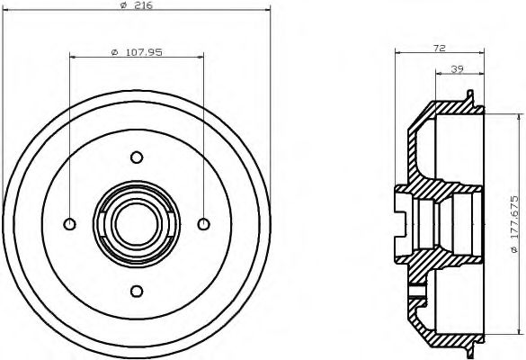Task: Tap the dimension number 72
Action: pyautogui.click(x=440, y=47)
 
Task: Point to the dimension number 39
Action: pyautogui.click(x=458, y=68)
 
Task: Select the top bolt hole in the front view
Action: pyautogui.click(x=137, y=157)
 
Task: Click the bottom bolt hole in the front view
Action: pyautogui.click(x=137, y=290)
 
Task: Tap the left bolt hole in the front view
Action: pyautogui.click(x=70, y=223)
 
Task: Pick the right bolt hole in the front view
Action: pyautogui.click(x=203, y=223)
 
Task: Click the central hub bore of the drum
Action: pyautogui.click(x=137, y=223)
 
